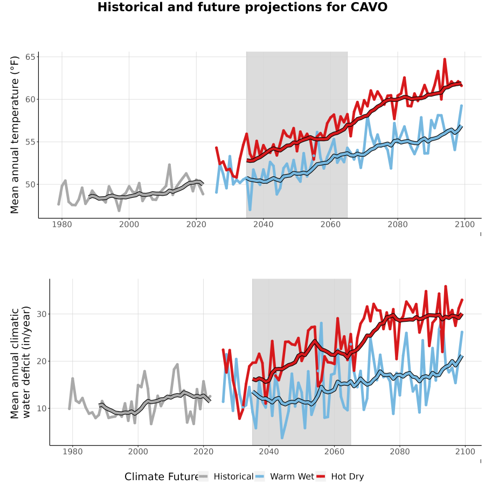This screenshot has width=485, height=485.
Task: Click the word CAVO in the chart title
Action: pos(369,7)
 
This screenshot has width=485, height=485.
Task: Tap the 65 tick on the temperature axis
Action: pos(31,57)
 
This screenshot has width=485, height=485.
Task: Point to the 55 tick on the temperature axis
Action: pos(31,142)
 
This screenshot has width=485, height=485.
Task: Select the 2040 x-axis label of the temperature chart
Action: pos(263,224)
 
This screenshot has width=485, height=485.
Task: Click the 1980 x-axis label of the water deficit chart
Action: pos(73,452)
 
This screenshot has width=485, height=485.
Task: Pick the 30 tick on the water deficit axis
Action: pos(41,314)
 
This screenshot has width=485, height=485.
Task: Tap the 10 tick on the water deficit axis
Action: pos(41,408)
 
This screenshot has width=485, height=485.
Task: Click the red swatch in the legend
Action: pos(321,477)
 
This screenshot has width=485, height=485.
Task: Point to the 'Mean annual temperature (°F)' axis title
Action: pos(15,135)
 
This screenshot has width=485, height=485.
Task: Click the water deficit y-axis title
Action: pos(20,362)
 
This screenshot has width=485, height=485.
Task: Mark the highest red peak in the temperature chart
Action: pos(445,59)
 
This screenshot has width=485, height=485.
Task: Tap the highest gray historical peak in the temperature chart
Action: pos(169,164)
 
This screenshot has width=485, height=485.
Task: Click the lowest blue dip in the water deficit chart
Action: pos(282,438)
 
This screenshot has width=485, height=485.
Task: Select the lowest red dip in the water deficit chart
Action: pos(239,419)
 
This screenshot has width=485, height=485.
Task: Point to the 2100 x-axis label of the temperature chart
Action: pos(465,224)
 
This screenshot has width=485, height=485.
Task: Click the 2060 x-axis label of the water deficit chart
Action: pos(334,452)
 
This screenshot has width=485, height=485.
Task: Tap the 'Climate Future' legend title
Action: pos(162,477)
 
